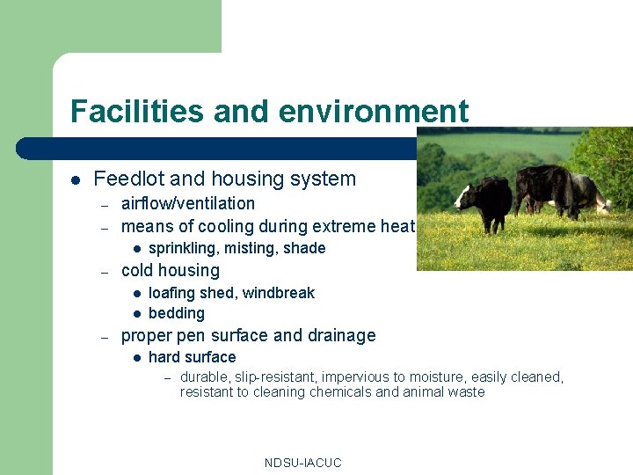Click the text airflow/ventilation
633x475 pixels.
pyautogui.click(x=187, y=203)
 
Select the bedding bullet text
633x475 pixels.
pyautogui.click(x=176, y=313)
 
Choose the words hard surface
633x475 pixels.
pyautogui.click(x=192, y=357)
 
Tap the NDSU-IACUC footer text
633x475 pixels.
pyautogui.click(x=302, y=463)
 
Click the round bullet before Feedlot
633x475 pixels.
pyautogui.click(x=75, y=180)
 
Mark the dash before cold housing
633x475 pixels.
pyautogui.click(x=104, y=271)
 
